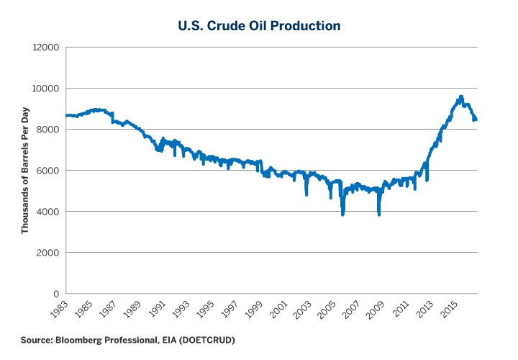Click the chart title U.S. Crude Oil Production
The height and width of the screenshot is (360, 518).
259,25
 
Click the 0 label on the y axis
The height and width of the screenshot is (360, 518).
55,294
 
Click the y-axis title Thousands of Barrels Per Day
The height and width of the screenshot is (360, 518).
24,171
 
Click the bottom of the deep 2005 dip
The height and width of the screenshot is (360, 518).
342,215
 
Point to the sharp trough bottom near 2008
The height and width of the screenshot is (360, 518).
379,215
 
